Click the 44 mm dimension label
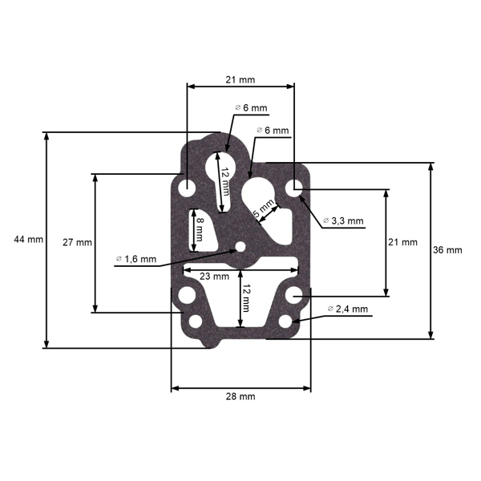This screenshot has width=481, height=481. coord(27,240)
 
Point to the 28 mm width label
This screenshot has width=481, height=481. coord(241,396)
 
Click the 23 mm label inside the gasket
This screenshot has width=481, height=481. coord(214,275)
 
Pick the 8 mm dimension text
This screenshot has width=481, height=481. coord(200,228)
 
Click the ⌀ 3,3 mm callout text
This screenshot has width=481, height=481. coord(343,220)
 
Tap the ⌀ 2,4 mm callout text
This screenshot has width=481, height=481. coord(348,309)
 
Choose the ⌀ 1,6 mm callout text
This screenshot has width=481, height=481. coord(136,258)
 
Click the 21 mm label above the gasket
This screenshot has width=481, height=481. coord(240,79)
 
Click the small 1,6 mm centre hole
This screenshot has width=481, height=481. coord(237,249)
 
